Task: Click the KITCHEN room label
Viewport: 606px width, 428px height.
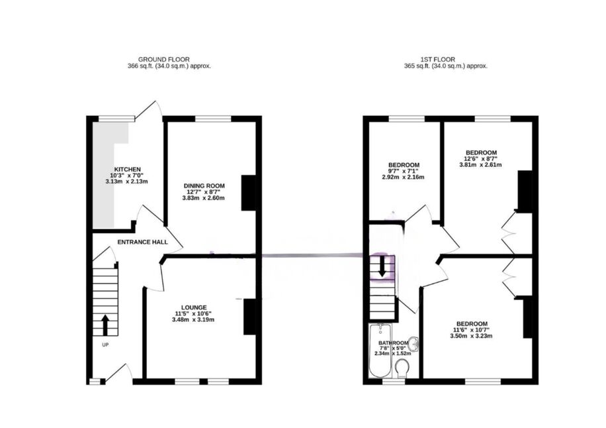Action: coord(127,170)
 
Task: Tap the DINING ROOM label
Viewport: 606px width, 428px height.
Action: coord(204,186)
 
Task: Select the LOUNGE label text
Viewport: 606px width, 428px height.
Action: coord(194,307)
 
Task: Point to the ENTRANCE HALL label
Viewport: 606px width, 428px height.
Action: coord(143,242)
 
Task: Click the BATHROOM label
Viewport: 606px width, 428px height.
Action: coord(393,343)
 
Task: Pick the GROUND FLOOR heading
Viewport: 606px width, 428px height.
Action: coord(164,60)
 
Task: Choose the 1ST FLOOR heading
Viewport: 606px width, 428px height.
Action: coord(438,60)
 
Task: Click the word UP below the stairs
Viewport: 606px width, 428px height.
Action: coord(105,345)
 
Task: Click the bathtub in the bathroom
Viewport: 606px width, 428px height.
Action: coord(381,351)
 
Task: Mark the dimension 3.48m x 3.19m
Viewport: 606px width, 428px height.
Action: coord(193,319)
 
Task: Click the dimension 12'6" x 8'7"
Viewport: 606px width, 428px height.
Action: coord(480,158)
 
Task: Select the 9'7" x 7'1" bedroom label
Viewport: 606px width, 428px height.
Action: coord(404,171)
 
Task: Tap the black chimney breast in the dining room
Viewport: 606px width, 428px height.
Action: coord(249,193)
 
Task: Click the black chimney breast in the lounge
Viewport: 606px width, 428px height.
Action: coord(250,317)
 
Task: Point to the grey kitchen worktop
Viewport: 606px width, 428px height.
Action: coord(107,174)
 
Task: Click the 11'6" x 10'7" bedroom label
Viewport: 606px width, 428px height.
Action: coord(472,330)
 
